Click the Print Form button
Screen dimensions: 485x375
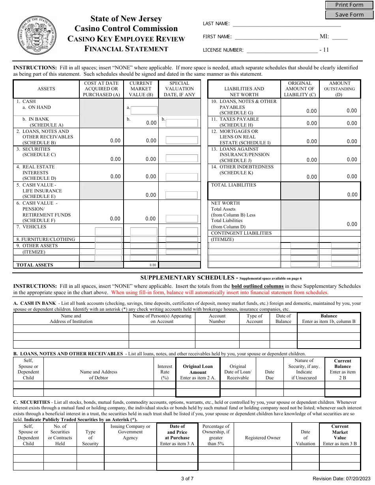(x=349, y=5)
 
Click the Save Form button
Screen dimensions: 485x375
(x=349, y=15)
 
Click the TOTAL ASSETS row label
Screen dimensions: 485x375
(x=35, y=265)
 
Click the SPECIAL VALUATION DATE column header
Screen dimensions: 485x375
(x=179, y=89)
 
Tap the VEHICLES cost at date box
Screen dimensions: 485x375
(x=109, y=231)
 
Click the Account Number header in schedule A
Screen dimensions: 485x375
(x=217, y=319)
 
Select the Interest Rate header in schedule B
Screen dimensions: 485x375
(x=165, y=372)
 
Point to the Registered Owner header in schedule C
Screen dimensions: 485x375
(x=262, y=438)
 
